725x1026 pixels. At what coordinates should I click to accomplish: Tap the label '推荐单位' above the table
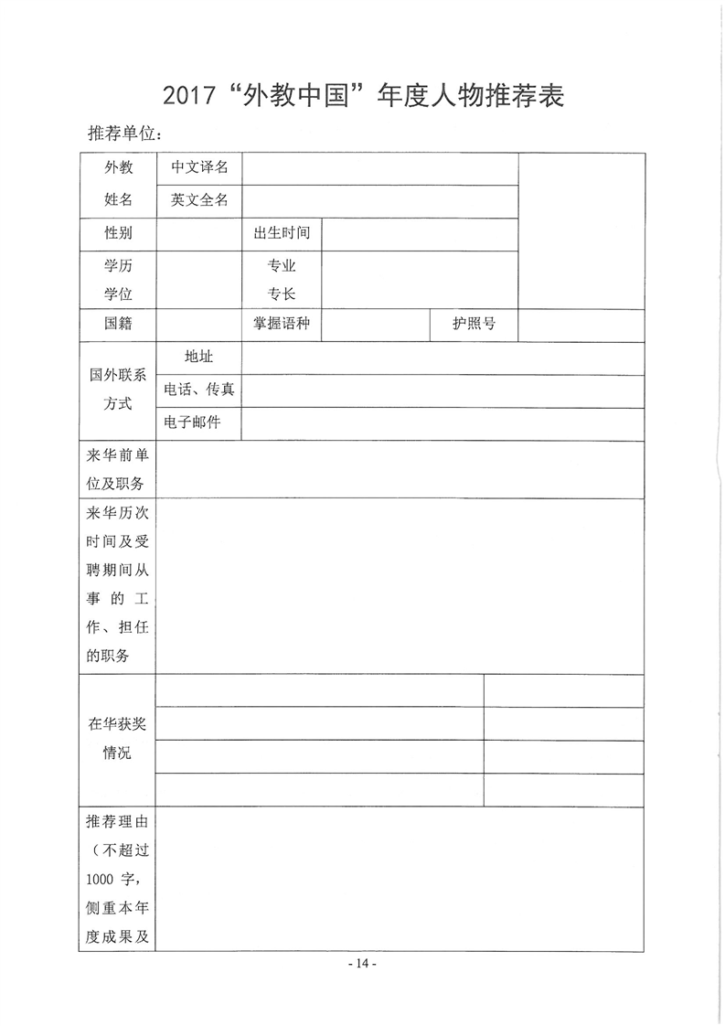pyautogui.click(x=123, y=134)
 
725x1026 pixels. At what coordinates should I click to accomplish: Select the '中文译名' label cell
pyautogui.click(x=198, y=168)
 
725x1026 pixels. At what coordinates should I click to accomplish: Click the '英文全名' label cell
pyautogui.click(x=198, y=200)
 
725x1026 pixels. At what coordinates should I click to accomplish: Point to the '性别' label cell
pyautogui.click(x=118, y=233)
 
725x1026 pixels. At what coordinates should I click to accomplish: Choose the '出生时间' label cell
pyautogui.click(x=282, y=233)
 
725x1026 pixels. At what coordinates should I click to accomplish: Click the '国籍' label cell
pyautogui.click(x=118, y=324)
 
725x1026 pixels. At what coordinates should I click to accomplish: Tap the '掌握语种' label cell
pyautogui.click(x=282, y=324)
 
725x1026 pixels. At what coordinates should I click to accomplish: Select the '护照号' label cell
pyautogui.click(x=474, y=324)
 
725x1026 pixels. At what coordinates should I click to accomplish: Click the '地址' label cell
pyautogui.click(x=198, y=357)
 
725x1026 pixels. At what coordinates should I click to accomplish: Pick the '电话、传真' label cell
pyautogui.click(x=198, y=390)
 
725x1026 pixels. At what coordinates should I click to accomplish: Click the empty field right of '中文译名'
pyautogui.click(x=379, y=168)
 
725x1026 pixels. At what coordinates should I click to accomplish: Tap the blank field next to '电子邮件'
pyautogui.click(x=442, y=422)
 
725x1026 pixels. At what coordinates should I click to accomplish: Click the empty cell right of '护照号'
pyautogui.click(x=581, y=324)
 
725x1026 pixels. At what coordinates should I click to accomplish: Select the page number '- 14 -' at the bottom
pyautogui.click(x=362, y=964)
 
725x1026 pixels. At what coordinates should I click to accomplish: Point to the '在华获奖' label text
pyautogui.click(x=118, y=724)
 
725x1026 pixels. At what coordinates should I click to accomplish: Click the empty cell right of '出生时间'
pyautogui.click(x=420, y=233)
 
